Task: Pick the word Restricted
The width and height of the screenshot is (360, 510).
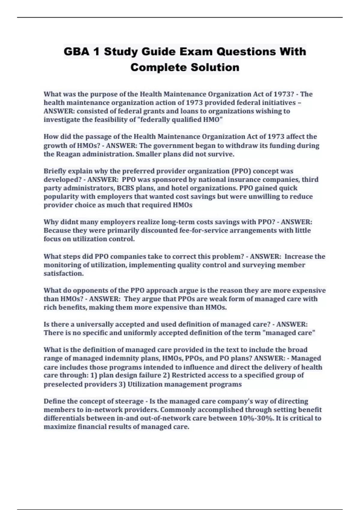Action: tap(189, 375)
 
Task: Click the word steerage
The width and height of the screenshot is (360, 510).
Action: tap(128, 401)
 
